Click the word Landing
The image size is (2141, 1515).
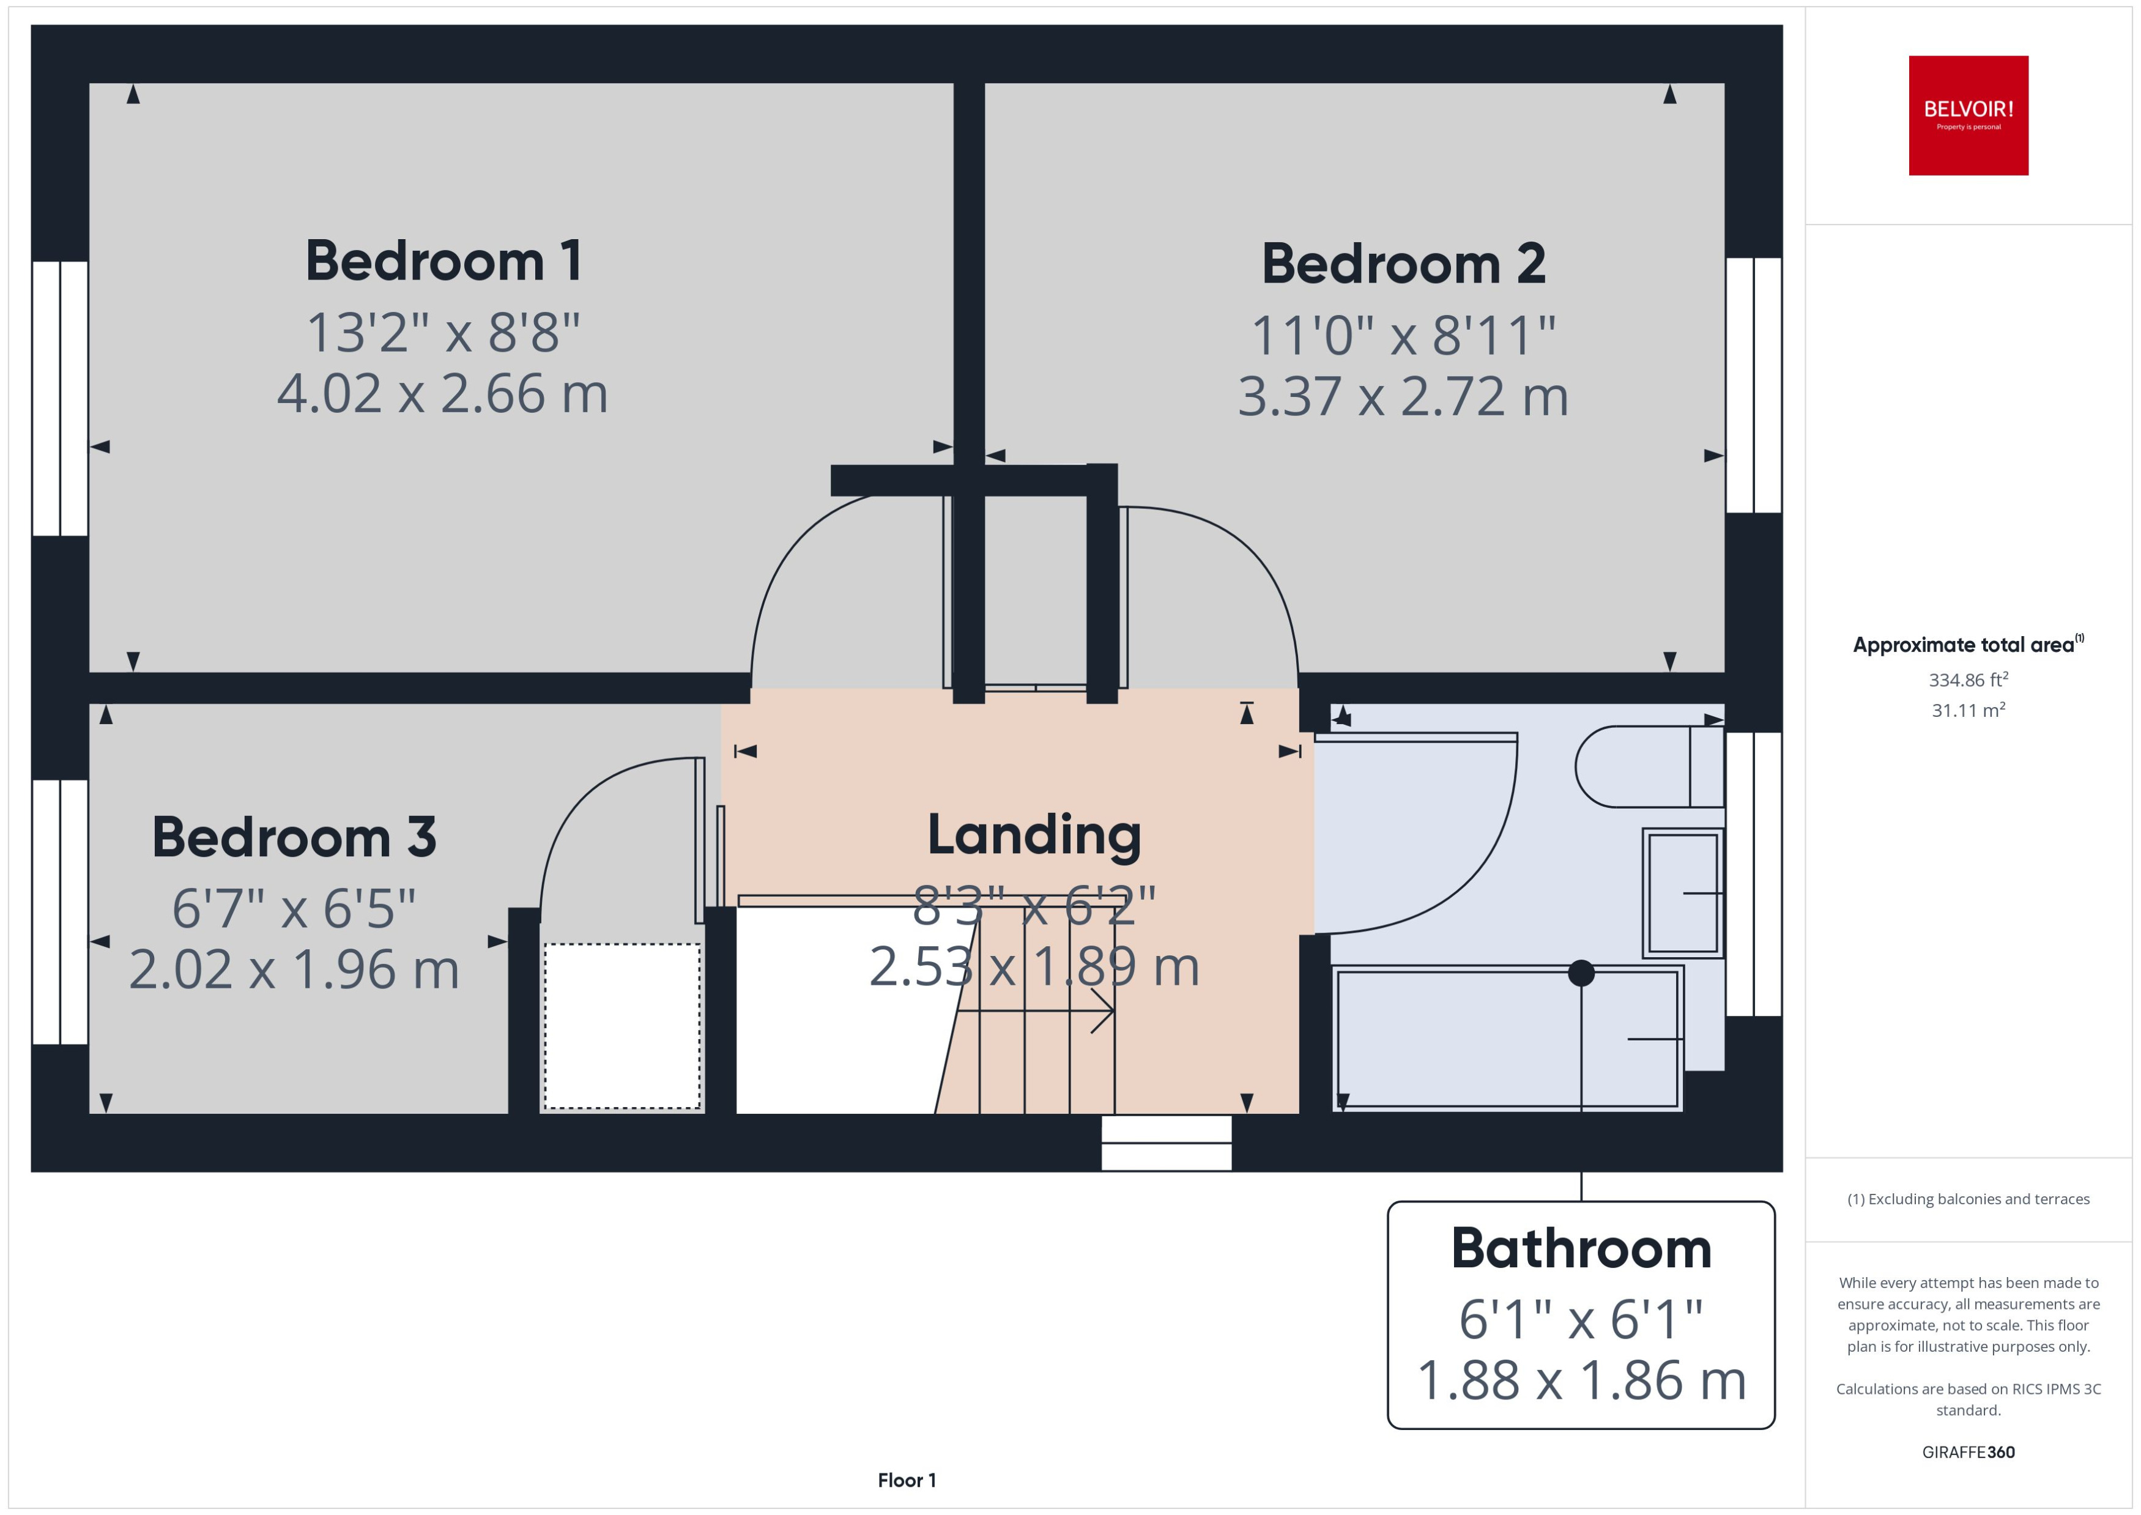click(x=1034, y=834)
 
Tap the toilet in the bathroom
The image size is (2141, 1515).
click(x=1647, y=767)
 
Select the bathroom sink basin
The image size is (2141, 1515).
click(x=1682, y=893)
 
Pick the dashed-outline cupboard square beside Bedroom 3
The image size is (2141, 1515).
click(x=622, y=1026)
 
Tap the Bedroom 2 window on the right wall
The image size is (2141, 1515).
click(x=1753, y=385)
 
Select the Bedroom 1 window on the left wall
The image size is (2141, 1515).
click(x=60, y=398)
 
